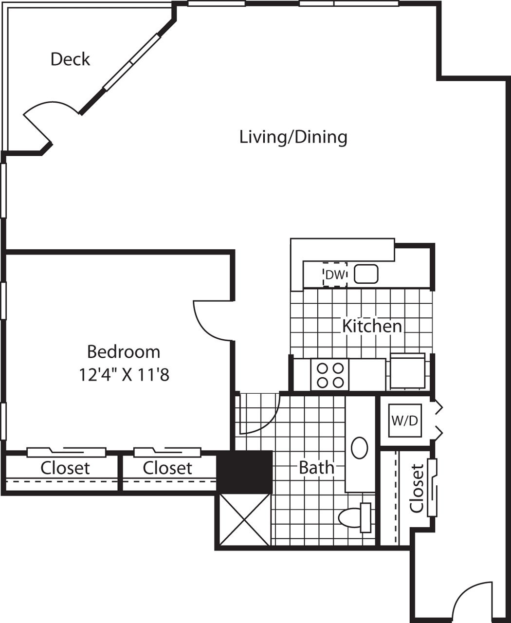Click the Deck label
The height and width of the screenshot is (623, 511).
pyautogui.click(x=70, y=59)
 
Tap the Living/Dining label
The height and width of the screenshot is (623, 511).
pyautogui.click(x=293, y=137)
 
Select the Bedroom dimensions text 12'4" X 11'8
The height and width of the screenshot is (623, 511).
pyautogui.click(x=124, y=375)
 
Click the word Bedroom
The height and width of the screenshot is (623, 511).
pyautogui.click(x=124, y=351)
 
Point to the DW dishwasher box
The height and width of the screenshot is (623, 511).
pyautogui.click(x=335, y=275)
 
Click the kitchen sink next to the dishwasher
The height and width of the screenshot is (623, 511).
pyautogui.click(x=366, y=274)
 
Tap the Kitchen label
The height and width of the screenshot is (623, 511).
pyautogui.click(x=372, y=326)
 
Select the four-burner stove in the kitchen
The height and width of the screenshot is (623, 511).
pyautogui.click(x=329, y=375)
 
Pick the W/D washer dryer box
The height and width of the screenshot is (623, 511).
pyautogui.click(x=404, y=421)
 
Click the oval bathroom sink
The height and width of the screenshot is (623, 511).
pyautogui.click(x=360, y=448)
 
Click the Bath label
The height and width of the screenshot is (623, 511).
pyautogui.click(x=316, y=468)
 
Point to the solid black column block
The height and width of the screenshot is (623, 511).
pyautogui.click(x=244, y=472)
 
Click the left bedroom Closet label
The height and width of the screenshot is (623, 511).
pyautogui.click(x=65, y=468)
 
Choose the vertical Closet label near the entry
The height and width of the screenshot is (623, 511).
pyautogui.click(x=417, y=488)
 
